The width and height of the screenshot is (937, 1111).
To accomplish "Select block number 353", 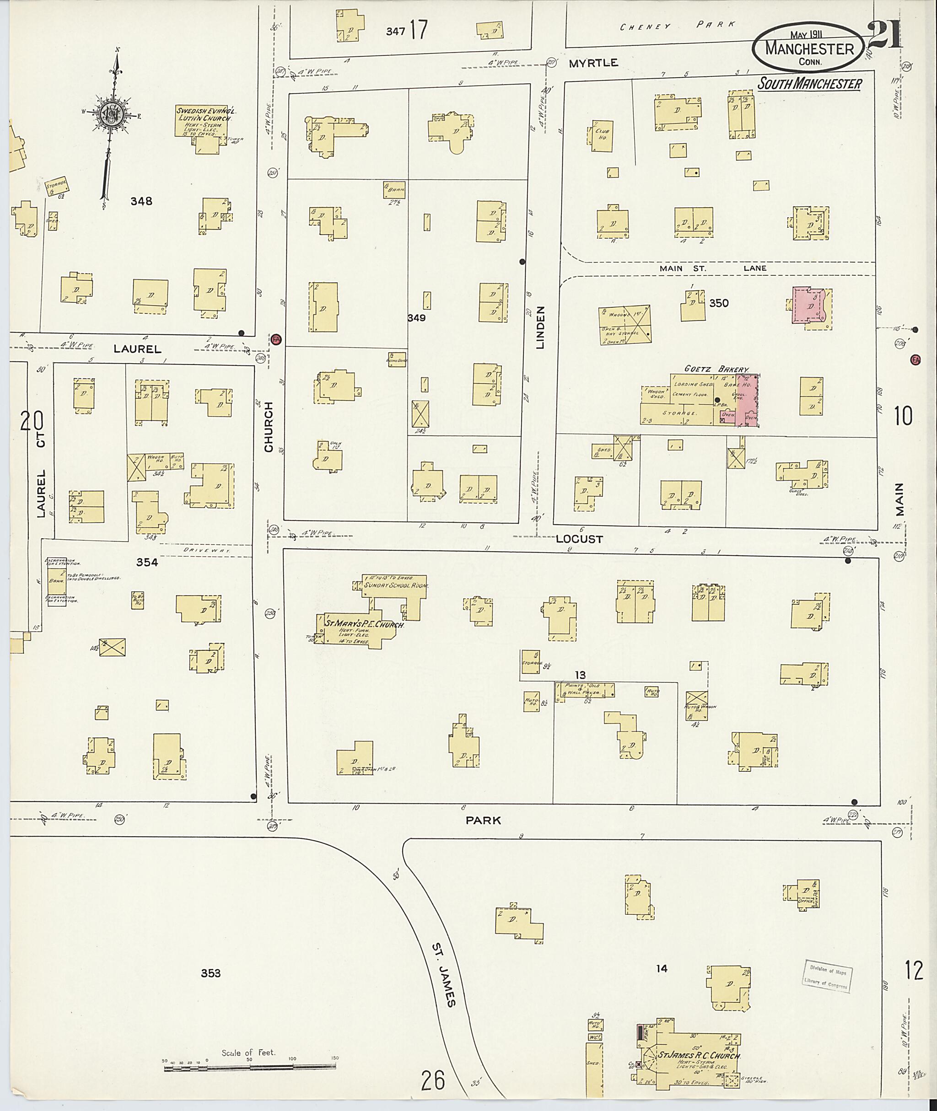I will click(x=210, y=973).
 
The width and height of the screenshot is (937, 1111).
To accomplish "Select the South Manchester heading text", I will click(x=809, y=83).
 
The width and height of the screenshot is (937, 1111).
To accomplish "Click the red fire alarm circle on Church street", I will click(x=276, y=339).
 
